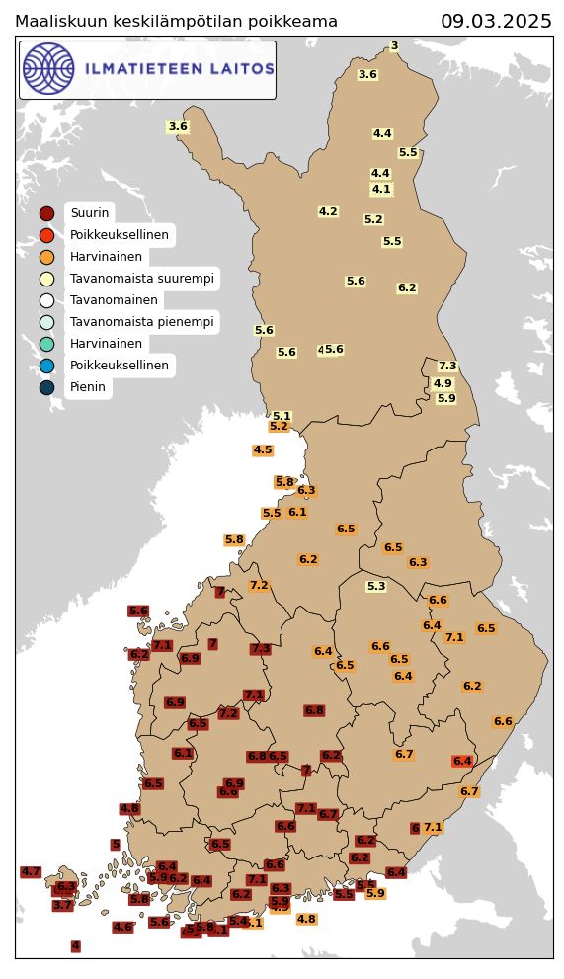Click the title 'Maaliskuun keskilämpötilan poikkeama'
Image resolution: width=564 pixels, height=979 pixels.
(x=176, y=22)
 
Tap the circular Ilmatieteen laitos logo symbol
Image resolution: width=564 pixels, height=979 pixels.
(x=48, y=69)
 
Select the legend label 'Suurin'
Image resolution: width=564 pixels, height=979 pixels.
(x=89, y=213)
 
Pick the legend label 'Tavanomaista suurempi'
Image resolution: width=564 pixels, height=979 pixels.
(x=141, y=279)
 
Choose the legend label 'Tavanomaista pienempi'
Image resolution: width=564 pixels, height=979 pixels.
(x=141, y=322)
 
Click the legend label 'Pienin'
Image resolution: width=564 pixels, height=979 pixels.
(x=88, y=387)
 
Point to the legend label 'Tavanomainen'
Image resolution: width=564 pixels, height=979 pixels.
(x=114, y=300)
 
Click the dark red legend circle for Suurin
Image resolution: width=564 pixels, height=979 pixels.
(x=46, y=213)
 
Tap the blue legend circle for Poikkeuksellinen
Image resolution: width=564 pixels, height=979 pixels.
(x=46, y=366)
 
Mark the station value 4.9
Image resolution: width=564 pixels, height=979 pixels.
(x=443, y=383)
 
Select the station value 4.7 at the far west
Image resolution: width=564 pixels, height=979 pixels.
(x=31, y=872)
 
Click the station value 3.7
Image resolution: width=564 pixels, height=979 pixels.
(x=62, y=905)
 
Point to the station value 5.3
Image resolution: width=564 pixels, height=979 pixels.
(x=376, y=586)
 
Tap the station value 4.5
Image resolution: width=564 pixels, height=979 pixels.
(x=263, y=449)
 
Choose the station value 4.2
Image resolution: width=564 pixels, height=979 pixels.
(x=328, y=211)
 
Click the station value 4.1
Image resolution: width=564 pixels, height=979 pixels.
(x=381, y=189)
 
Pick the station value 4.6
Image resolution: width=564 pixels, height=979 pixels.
(x=122, y=927)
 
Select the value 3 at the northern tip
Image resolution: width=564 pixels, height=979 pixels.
(x=394, y=45)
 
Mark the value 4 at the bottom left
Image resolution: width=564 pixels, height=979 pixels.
(x=76, y=946)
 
